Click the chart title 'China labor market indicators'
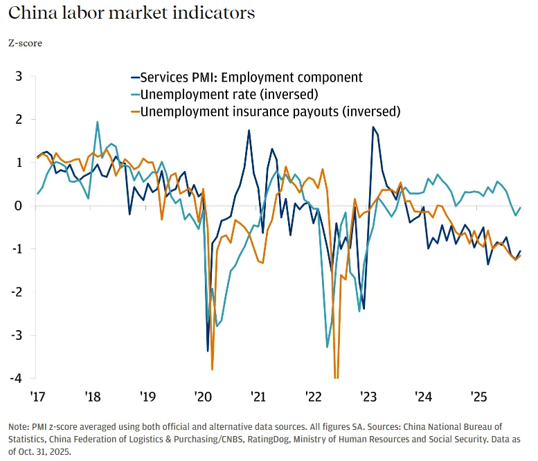coord(132,13)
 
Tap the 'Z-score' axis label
coord(25,43)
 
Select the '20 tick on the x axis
coord(202,397)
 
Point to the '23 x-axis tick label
coord(368,397)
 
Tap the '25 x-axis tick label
coord(478,397)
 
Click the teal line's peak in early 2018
coord(97,122)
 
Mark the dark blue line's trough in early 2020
coord(208,351)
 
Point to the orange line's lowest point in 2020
coord(212,369)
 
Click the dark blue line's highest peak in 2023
coord(373,127)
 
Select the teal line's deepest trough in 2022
coord(327,347)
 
